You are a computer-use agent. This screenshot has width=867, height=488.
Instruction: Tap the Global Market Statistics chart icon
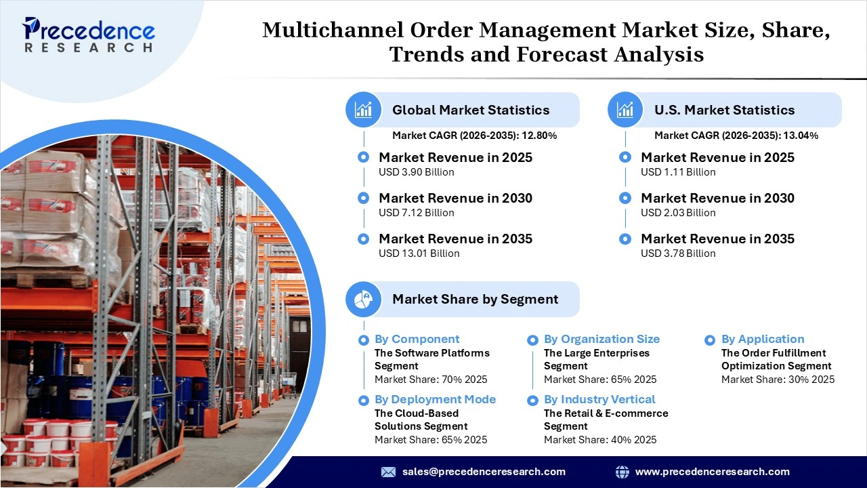pyautogui.click(x=364, y=110)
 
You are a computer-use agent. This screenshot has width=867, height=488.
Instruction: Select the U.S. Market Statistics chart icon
pyautogui.click(x=625, y=110)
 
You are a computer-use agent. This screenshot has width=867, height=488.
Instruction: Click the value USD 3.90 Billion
pyautogui.click(x=416, y=172)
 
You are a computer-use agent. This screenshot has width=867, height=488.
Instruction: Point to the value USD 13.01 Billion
pyautogui.click(x=419, y=253)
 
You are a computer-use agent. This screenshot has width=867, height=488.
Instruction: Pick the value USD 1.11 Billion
pyautogui.click(x=678, y=172)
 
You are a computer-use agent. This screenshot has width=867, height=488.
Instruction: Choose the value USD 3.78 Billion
pyautogui.click(x=678, y=253)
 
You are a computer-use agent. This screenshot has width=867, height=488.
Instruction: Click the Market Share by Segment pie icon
pyautogui.click(x=364, y=299)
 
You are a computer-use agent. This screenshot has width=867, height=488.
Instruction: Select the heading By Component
pyautogui.click(x=417, y=339)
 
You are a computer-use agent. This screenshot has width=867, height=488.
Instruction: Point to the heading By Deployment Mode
pyautogui.click(x=435, y=399)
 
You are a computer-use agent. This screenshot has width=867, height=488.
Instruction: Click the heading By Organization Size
pyautogui.click(x=601, y=339)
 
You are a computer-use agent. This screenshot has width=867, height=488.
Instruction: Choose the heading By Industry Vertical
pyautogui.click(x=599, y=399)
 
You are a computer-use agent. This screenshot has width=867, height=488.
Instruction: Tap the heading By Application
pyautogui.click(x=763, y=339)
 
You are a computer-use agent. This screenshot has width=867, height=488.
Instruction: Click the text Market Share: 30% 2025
pyautogui.click(x=778, y=380)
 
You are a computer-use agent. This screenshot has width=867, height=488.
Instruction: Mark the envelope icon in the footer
pyautogui.click(x=388, y=472)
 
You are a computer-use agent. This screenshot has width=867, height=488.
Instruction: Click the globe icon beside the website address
pyautogui.click(x=622, y=472)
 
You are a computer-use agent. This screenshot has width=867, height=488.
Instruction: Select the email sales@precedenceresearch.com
pyautogui.click(x=484, y=472)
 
